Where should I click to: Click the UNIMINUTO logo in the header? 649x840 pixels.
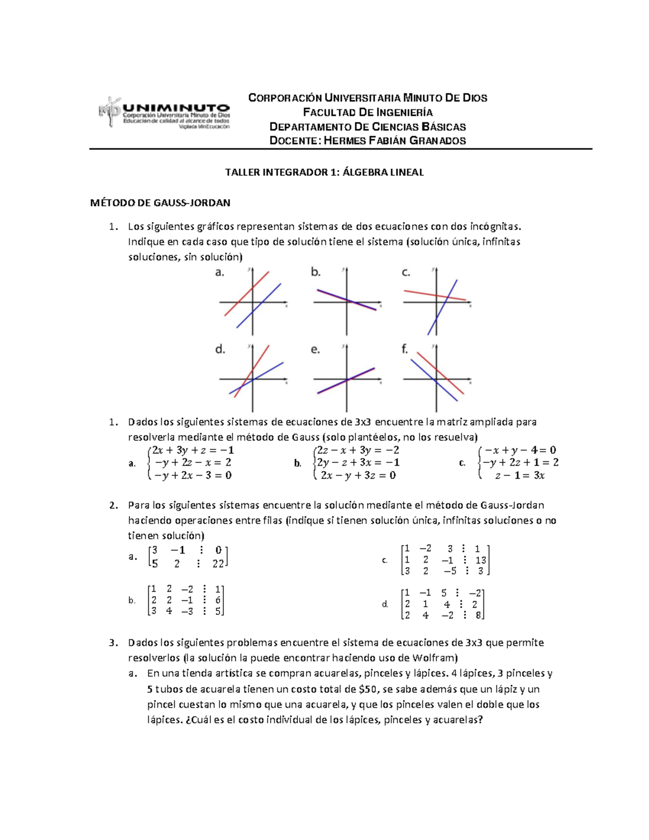[x=164, y=113]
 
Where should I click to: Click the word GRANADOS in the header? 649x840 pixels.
[x=438, y=141]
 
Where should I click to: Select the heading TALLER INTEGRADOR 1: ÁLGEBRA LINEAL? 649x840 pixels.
[x=324, y=173]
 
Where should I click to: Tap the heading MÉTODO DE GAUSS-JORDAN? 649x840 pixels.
[x=160, y=203]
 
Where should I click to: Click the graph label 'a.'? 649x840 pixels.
[x=220, y=273]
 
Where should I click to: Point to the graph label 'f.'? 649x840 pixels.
[x=405, y=349]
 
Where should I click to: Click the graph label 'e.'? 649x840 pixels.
[x=315, y=350]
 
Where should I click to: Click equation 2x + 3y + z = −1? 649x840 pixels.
[x=193, y=450]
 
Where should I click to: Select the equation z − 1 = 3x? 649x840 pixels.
[x=520, y=475]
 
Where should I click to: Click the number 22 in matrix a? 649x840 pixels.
[x=218, y=564]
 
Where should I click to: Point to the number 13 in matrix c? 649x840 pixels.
[x=480, y=560]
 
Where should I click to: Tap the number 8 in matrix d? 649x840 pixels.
[x=478, y=616]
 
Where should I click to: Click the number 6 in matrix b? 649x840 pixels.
[x=217, y=600]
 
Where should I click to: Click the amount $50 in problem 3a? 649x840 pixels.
[x=369, y=689]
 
